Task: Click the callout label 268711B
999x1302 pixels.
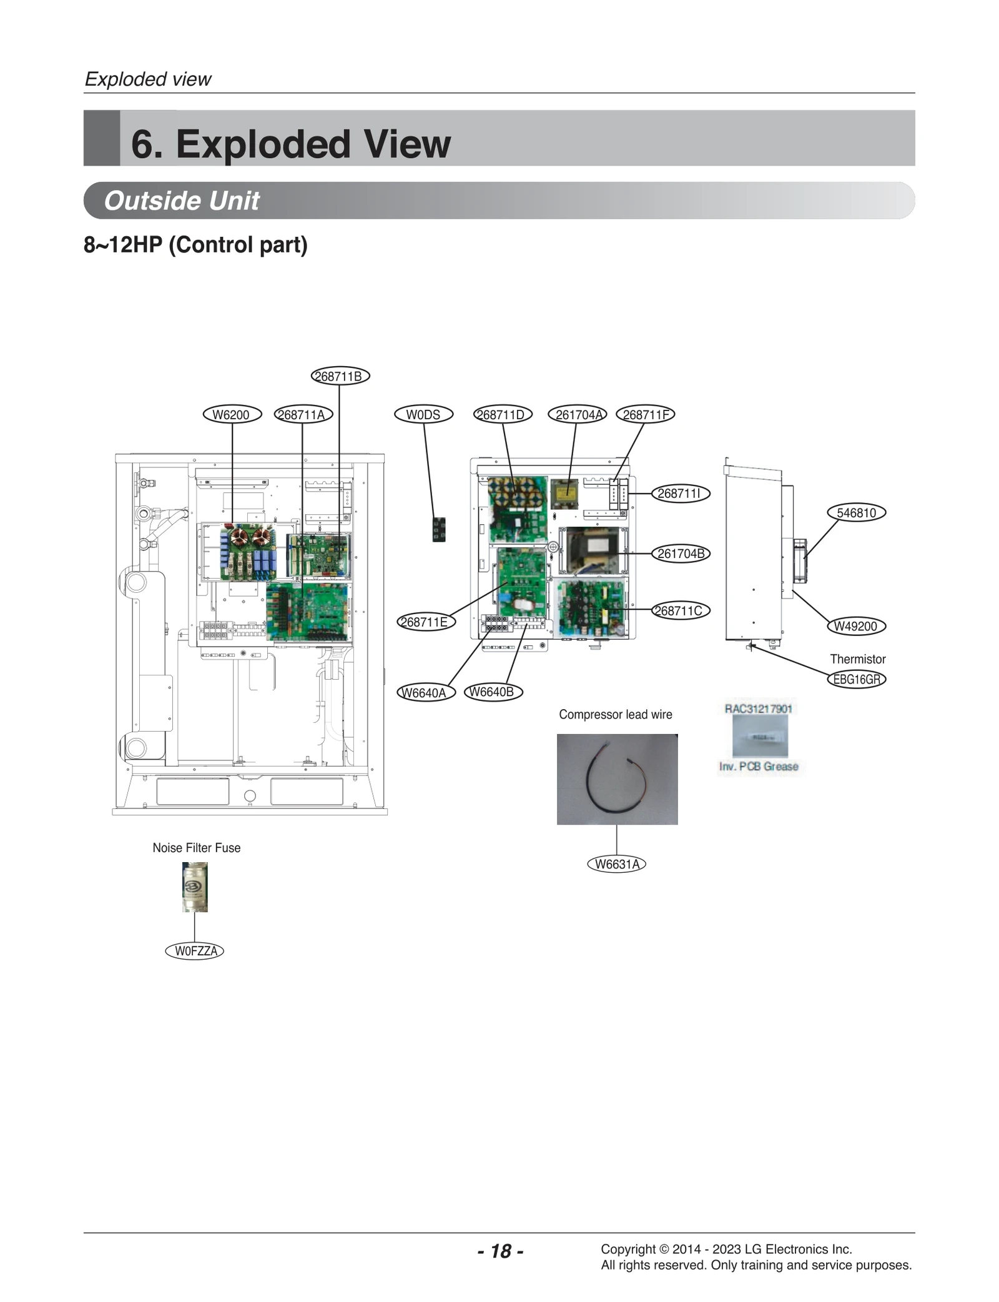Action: [340, 376]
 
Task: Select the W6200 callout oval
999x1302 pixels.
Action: [232, 415]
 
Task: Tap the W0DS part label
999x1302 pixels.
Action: [423, 415]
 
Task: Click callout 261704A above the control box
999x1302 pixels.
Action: [577, 415]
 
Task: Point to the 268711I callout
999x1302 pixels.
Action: [680, 494]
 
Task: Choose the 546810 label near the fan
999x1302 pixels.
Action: [857, 513]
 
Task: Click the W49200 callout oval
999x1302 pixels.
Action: [856, 626]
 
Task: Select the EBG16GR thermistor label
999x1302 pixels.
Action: [857, 679]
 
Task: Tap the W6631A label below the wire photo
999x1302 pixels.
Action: [617, 864]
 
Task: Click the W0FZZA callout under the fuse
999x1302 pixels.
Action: [195, 951]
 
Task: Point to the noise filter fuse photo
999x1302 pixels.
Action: [195, 887]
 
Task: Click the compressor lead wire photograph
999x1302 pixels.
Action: [617, 779]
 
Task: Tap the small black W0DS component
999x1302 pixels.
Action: [439, 529]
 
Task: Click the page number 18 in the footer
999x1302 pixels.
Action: [500, 1251]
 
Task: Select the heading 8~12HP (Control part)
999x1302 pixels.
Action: [195, 245]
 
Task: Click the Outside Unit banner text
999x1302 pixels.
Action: [181, 201]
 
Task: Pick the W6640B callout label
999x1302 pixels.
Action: [493, 692]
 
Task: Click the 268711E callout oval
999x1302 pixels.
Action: [425, 622]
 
